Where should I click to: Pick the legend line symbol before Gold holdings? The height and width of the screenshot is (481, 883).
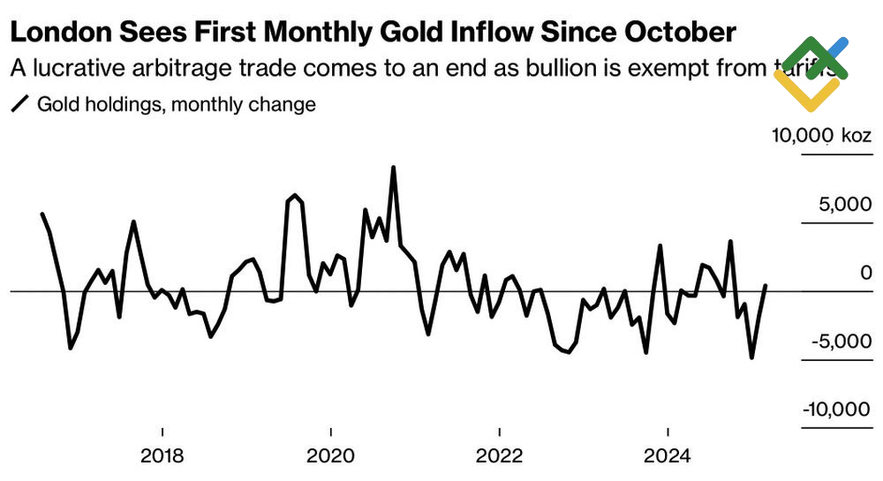[19, 104]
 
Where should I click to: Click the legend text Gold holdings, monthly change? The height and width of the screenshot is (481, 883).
[177, 104]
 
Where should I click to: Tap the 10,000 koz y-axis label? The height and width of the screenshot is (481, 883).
[821, 136]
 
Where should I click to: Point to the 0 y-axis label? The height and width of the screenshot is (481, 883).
[866, 274]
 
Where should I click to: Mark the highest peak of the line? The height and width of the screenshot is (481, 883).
[393, 167]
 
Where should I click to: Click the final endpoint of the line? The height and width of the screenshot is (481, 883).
[766, 285]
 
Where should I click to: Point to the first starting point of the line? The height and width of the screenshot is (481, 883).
[42, 214]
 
